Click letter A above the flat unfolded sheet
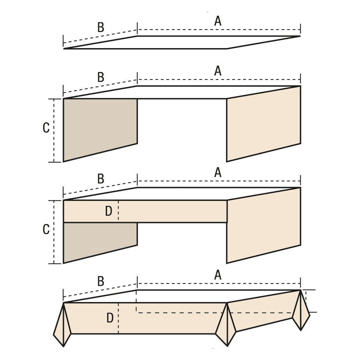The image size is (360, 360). coord(218,21)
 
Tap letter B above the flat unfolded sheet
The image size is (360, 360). coord(101,27)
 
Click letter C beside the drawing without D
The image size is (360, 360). coord(46,128)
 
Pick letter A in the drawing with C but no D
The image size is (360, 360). coord(218,71)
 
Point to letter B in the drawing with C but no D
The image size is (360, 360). coord(101,77)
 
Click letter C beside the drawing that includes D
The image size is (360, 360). coord(46,229)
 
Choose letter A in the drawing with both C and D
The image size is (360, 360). coord(218,172)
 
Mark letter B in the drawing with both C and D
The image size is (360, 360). coord(101,179)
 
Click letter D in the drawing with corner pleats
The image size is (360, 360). coord(110,318)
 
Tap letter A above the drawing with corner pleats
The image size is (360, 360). coord(218,275)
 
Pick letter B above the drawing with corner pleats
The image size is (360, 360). coord(101,282)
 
